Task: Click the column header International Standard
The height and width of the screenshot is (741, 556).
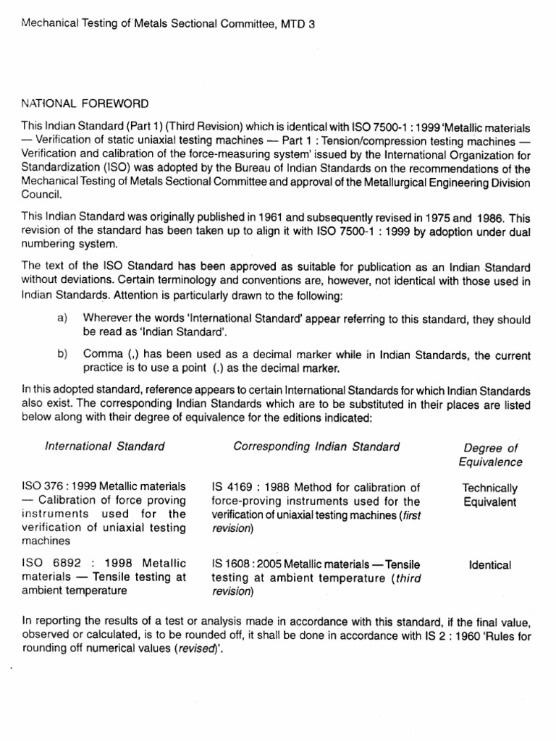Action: pyautogui.click(x=105, y=446)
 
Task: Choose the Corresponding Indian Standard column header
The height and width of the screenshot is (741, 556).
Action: pyautogui.click(x=316, y=446)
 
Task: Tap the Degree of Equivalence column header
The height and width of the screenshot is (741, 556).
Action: pyautogui.click(x=490, y=455)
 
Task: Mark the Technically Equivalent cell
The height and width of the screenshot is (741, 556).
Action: pyautogui.click(x=490, y=496)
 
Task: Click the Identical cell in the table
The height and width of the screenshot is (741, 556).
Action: pyautogui.click(x=490, y=565)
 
